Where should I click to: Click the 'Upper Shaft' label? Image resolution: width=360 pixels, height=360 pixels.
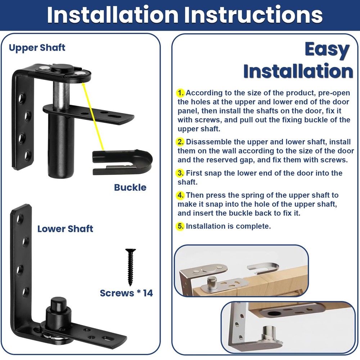[37, 48]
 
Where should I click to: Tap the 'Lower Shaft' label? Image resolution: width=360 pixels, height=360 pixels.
[65, 229]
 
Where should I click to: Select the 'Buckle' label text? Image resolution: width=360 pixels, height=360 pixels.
[130, 187]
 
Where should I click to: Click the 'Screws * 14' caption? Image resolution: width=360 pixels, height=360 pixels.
[126, 293]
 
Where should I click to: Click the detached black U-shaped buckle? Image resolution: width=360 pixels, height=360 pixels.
[122, 162]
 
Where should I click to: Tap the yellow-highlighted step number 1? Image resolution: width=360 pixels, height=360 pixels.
[180, 93]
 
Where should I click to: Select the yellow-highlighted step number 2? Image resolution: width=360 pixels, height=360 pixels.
[180, 142]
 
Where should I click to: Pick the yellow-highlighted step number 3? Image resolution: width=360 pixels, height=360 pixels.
[180, 173]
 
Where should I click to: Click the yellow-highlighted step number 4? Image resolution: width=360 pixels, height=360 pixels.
[180, 195]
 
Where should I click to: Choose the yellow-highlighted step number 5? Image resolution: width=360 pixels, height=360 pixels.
[180, 226]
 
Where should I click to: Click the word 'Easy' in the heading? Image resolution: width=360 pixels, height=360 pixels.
[327, 50]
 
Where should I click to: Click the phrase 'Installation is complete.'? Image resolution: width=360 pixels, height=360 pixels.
[228, 226]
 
